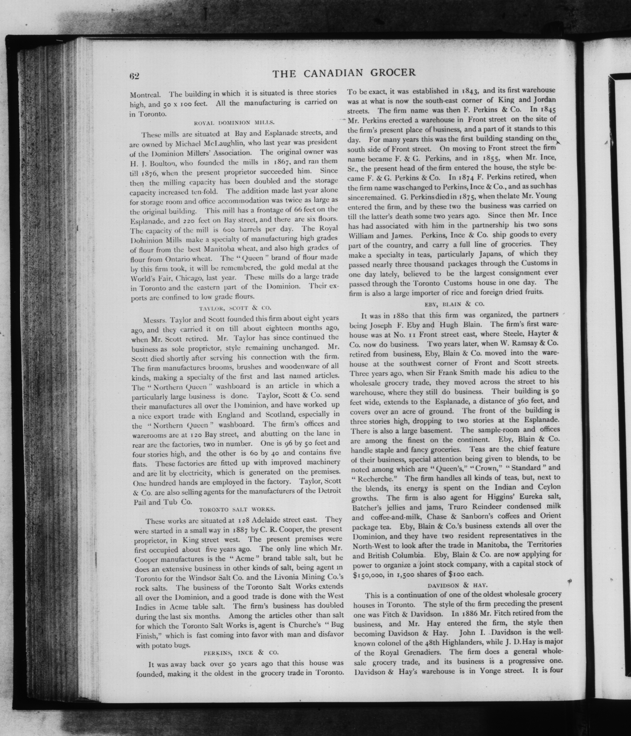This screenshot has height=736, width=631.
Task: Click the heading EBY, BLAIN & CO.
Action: (x=454, y=304)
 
